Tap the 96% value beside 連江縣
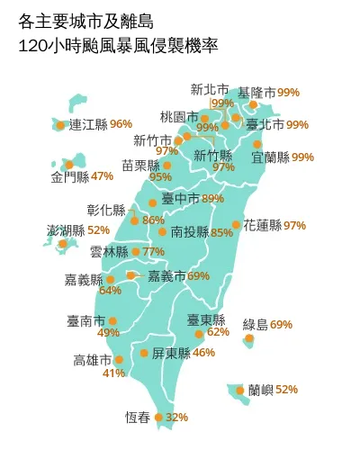point(121,124)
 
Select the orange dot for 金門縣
point(68,165)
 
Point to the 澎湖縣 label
point(66,231)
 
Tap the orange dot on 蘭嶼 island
point(239,390)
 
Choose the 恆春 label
point(137,418)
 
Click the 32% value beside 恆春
point(177,418)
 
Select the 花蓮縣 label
point(262,225)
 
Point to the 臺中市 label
point(180,199)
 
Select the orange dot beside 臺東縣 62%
point(199,334)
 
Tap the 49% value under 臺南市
point(108,333)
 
